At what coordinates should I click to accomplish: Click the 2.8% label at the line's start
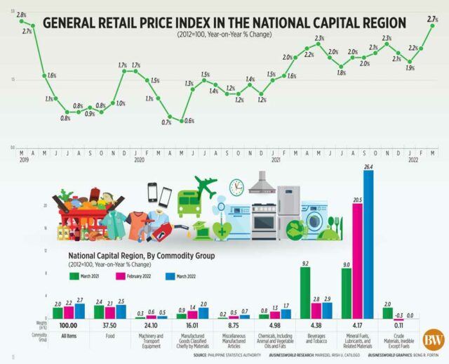tap(21, 15)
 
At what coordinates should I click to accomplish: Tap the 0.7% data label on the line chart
tap(166, 122)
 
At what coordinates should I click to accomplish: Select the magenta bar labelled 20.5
tap(357, 260)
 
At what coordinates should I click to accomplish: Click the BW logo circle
tap(432, 340)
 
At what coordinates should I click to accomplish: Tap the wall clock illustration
tap(236, 187)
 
